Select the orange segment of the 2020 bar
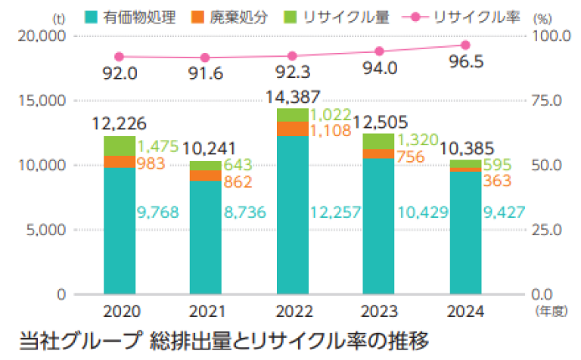tap(120, 161)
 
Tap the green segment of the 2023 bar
tap(378, 141)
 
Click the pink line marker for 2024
tap(465, 45)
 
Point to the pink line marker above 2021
tap(206, 58)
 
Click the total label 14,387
tap(293, 97)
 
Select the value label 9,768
tap(158, 213)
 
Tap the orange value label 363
tap(497, 181)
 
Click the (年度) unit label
tap(551, 311)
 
